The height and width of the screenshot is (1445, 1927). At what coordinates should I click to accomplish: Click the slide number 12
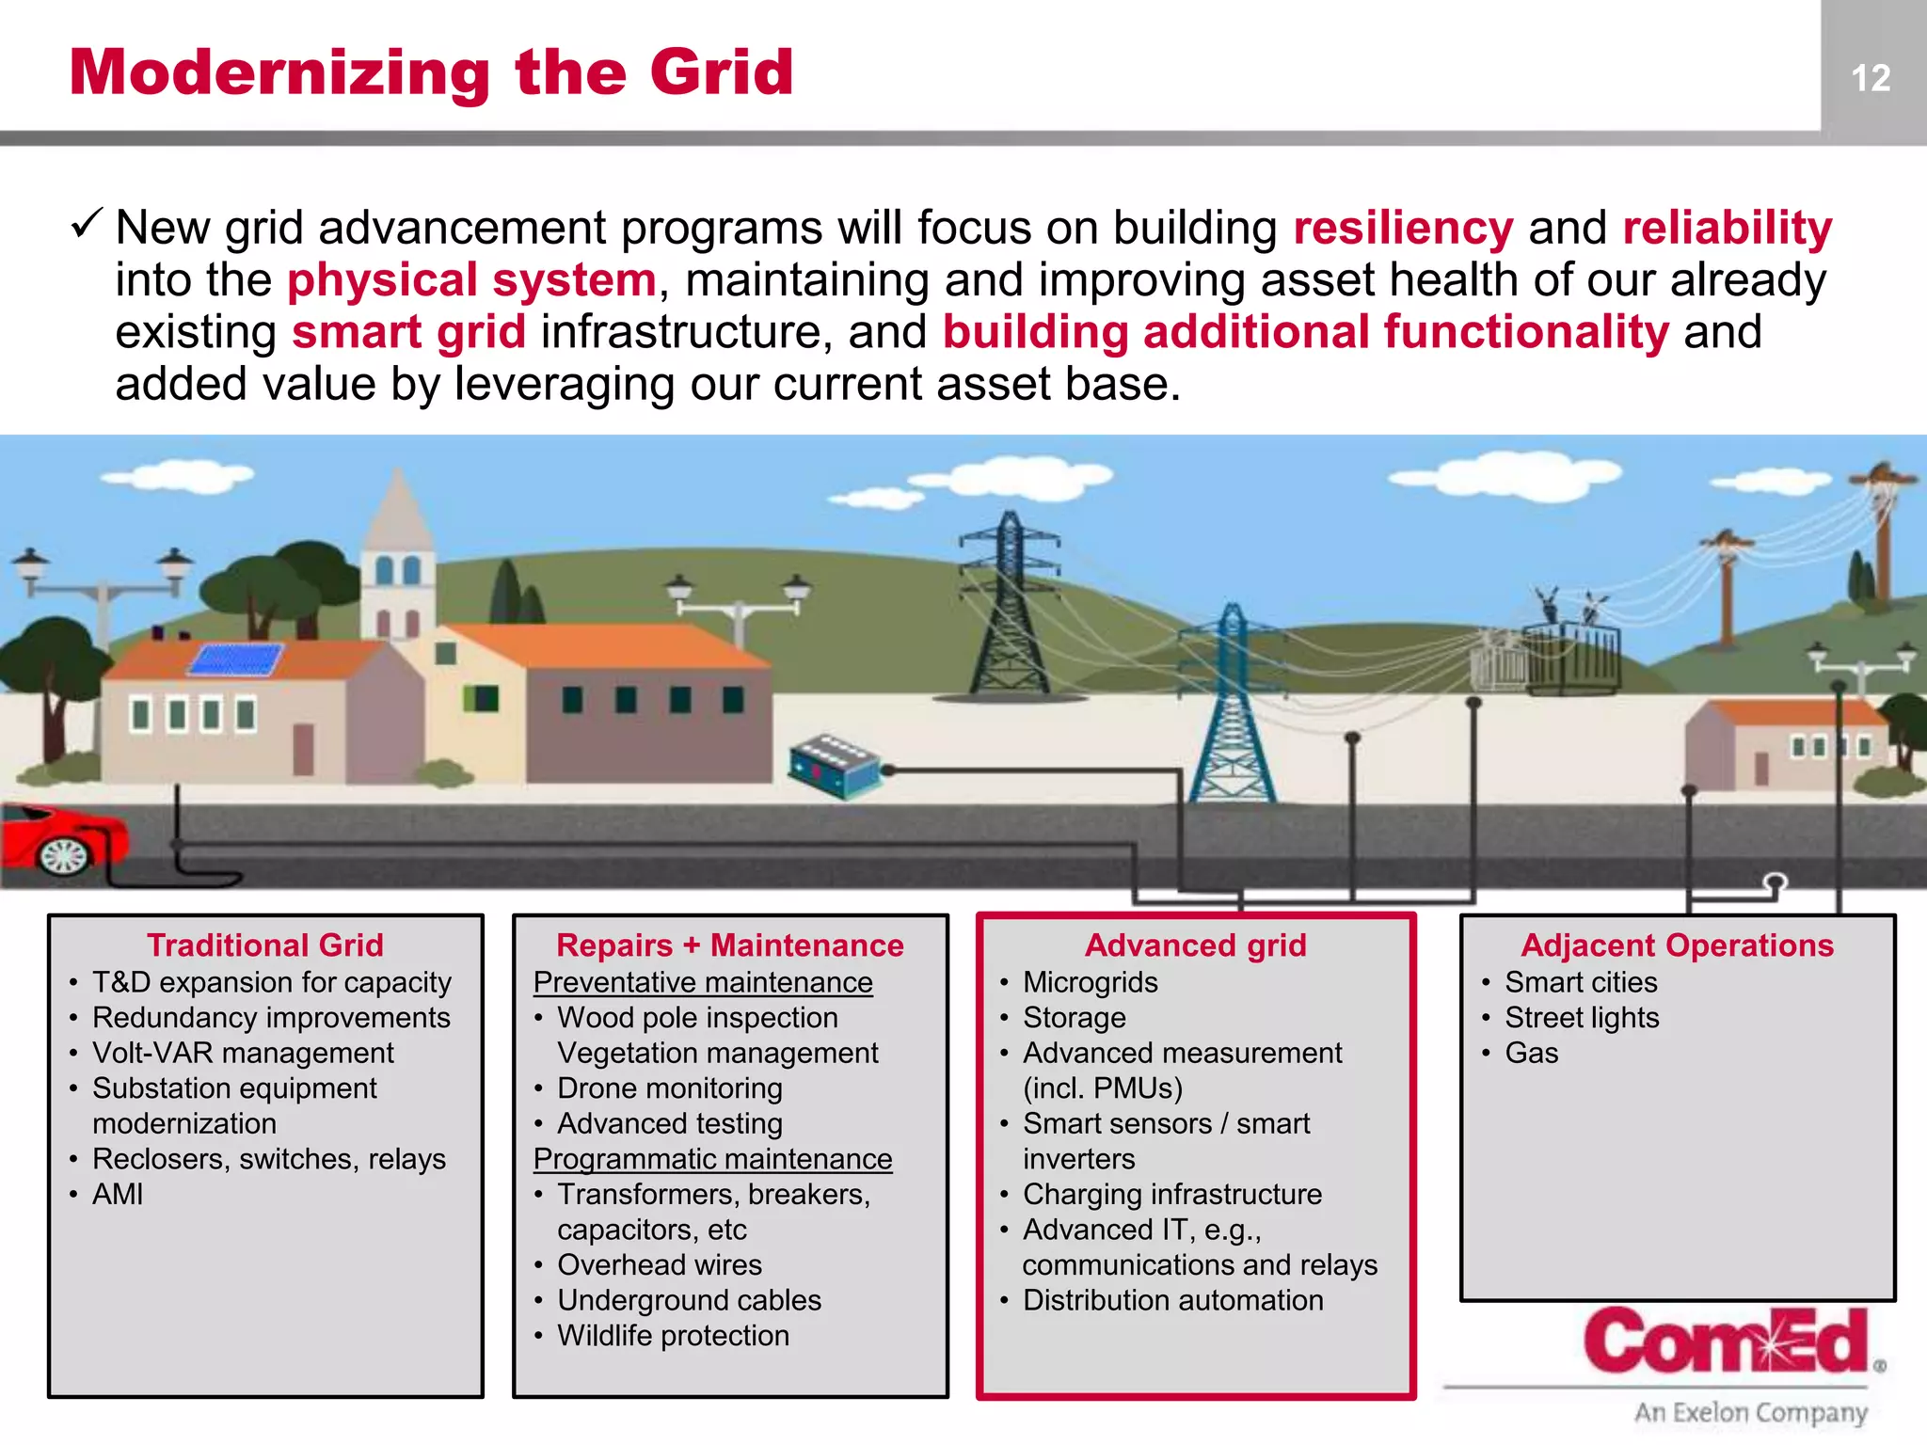1871,78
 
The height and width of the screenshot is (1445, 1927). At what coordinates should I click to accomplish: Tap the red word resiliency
1403,229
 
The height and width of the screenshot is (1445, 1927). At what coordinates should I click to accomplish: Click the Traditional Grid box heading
265,945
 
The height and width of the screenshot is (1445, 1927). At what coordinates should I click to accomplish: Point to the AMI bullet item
118,1194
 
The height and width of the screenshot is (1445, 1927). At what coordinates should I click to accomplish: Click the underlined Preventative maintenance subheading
703,982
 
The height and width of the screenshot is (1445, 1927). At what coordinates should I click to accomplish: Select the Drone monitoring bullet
669,1088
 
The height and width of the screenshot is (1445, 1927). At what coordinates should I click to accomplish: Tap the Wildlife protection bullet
673,1336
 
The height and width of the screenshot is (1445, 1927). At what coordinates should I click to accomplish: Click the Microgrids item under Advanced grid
1090,982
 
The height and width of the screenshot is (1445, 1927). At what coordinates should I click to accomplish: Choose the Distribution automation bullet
1172,1300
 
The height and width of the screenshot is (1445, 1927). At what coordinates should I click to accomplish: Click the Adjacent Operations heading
1677,945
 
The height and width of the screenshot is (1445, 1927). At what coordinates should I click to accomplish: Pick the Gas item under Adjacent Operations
1531,1053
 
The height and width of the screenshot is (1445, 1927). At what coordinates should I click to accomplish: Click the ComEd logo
1727,1342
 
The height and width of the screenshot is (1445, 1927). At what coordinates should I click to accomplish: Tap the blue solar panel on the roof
236,659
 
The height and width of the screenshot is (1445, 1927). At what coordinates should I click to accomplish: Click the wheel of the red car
64,855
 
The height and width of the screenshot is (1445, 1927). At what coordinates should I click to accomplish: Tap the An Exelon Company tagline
1750,1412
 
